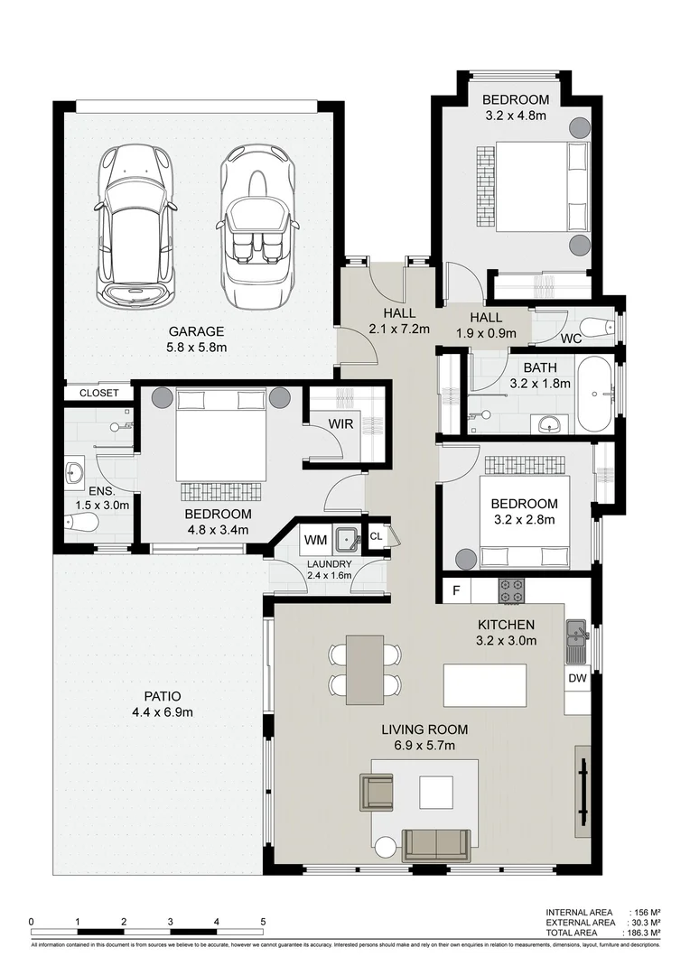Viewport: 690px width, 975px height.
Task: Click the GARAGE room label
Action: click(x=195, y=331)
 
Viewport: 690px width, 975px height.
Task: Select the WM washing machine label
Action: click(x=314, y=540)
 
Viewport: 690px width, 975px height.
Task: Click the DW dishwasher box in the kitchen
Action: click(x=577, y=678)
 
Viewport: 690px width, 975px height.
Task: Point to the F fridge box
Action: click(x=456, y=591)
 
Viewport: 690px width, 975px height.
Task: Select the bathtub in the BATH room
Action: click(x=595, y=395)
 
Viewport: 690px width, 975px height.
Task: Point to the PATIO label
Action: click(x=163, y=697)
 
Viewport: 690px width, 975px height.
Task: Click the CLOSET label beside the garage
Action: click(x=98, y=394)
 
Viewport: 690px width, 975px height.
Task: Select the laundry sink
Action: click(x=346, y=540)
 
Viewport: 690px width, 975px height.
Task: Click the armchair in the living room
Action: click(x=378, y=791)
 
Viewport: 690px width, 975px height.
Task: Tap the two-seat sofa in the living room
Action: click(x=436, y=844)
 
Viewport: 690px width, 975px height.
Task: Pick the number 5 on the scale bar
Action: click(x=263, y=922)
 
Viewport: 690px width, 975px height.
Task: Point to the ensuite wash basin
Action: click(x=74, y=472)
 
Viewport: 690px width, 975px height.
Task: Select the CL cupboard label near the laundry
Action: click(x=377, y=536)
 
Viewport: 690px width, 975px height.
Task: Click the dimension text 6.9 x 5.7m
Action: click(x=424, y=746)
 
